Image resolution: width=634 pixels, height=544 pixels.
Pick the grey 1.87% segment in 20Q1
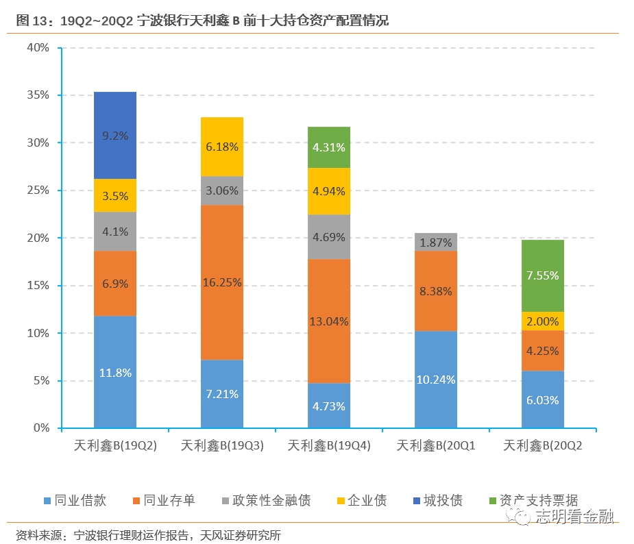436,242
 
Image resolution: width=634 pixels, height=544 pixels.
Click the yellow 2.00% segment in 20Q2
543,321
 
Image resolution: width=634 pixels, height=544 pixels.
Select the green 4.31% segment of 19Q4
329,147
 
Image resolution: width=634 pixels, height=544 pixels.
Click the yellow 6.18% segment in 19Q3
222,147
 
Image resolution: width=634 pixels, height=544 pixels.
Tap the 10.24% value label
436,380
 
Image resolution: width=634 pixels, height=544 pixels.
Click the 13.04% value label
329,321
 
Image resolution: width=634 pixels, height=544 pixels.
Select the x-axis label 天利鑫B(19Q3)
222,446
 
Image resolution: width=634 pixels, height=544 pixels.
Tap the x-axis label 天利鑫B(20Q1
436,446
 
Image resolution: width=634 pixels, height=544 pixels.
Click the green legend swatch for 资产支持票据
493,501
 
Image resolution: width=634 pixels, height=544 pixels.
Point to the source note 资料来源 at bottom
148,535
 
